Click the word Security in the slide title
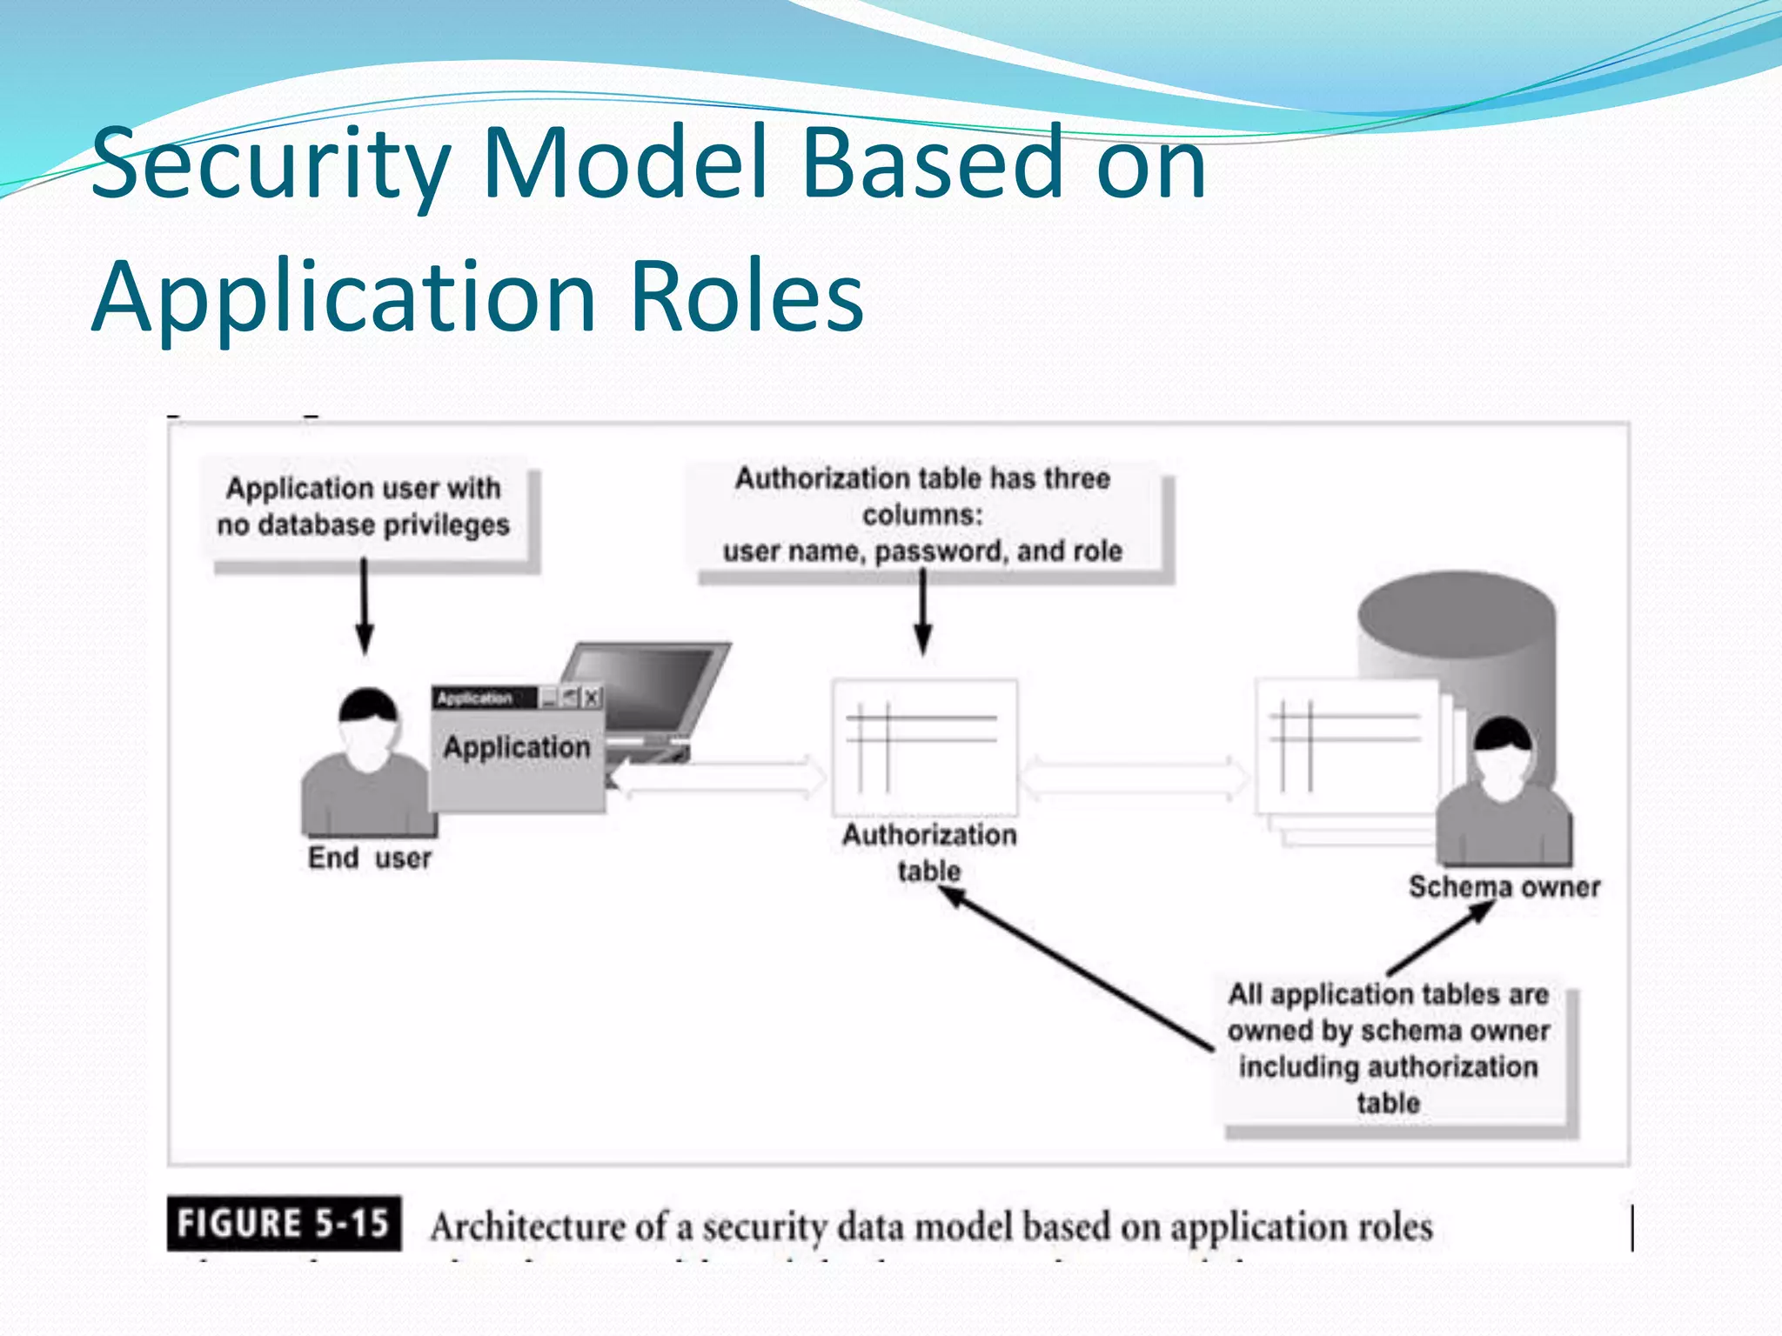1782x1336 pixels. pyautogui.click(x=270, y=164)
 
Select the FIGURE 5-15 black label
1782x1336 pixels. pyautogui.click(x=284, y=1223)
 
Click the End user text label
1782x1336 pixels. pyautogui.click(x=369, y=858)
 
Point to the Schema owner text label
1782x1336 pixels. pyautogui.click(x=1504, y=887)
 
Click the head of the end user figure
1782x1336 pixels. pyautogui.click(x=368, y=726)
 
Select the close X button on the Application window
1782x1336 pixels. pyautogui.click(x=592, y=697)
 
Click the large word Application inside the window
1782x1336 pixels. pyautogui.click(x=517, y=747)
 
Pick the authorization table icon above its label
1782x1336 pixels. pyautogui.click(x=924, y=746)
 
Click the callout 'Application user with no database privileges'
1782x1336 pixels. pyautogui.click(x=364, y=507)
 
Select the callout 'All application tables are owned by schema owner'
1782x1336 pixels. pyautogui.click(x=1388, y=1048)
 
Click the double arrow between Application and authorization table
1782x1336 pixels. pyautogui.click(x=719, y=777)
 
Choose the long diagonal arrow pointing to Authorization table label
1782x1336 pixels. pyautogui.click(x=1079, y=970)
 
